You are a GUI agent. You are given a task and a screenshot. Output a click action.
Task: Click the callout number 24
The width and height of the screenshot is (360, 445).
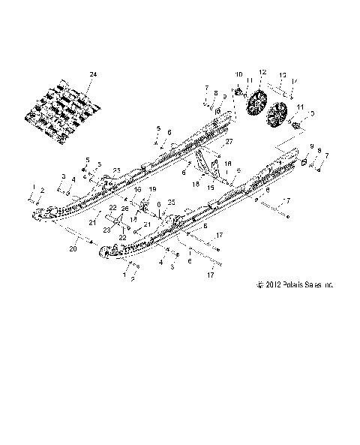pos(93,74)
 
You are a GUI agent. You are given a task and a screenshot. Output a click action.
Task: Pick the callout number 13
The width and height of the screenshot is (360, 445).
pos(283,75)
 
